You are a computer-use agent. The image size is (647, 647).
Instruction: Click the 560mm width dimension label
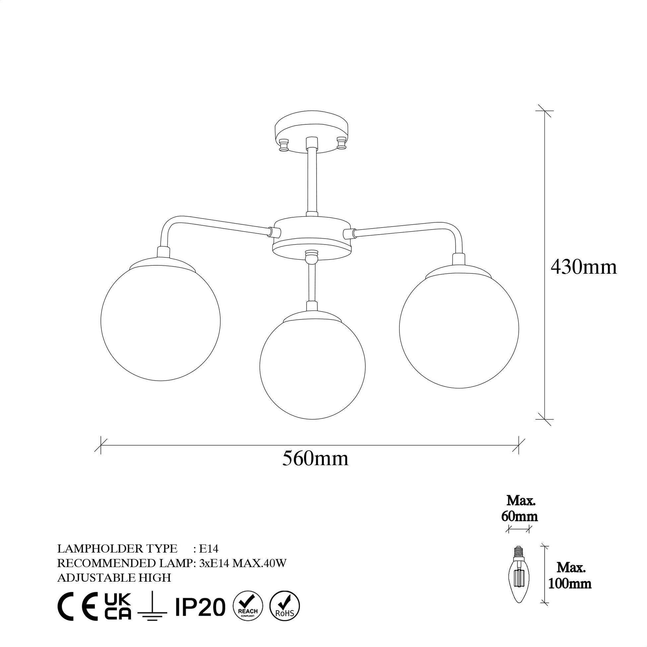tap(315, 459)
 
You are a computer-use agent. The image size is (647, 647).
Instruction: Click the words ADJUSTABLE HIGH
tap(114, 578)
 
